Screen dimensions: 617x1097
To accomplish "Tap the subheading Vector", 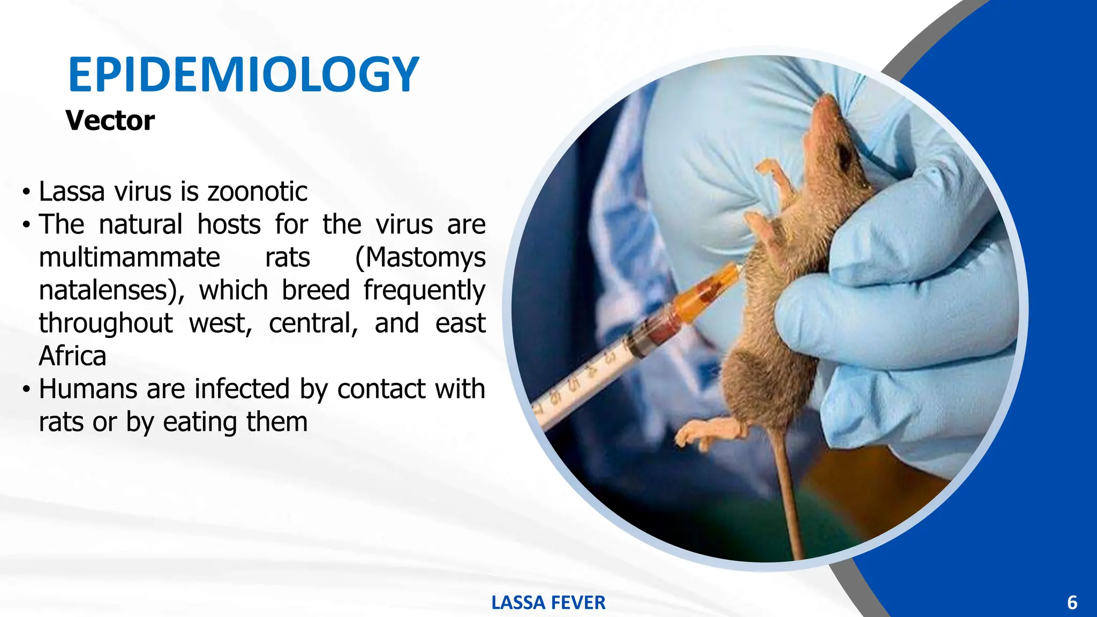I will [x=110, y=121].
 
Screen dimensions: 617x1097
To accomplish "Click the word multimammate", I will [x=129, y=257].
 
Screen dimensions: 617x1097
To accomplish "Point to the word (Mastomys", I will [x=420, y=258].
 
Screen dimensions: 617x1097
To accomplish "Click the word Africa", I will [x=72, y=356].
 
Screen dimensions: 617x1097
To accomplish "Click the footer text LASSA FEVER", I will [x=548, y=603].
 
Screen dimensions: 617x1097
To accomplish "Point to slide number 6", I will [x=1072, y=603].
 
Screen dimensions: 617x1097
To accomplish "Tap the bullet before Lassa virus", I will [x=26, y=192].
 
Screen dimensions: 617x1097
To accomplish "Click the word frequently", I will [x=424, y=291].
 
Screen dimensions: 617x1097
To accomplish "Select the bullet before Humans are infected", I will [x=26, y=389].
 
